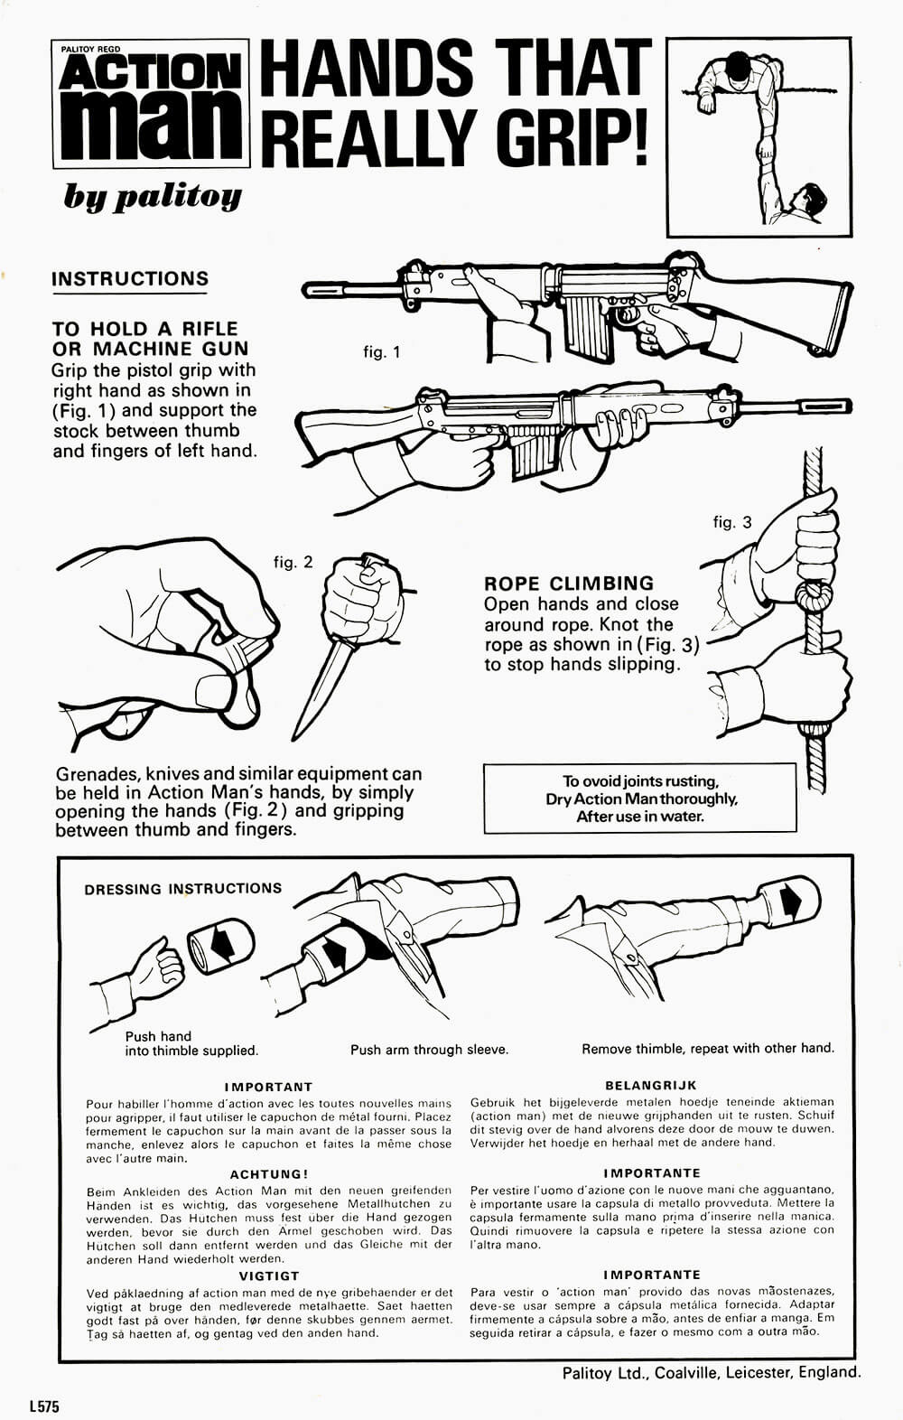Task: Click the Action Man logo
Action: (x=151, y=105)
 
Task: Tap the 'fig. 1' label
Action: (x=381, y=352)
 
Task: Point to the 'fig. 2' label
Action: (x=293, y=562)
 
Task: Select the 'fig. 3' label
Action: (x=731, y=522)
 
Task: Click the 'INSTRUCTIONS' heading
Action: (x=130, y=279)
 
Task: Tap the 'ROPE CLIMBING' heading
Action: (x=568, y=583)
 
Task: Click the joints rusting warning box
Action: (x=640, y=799)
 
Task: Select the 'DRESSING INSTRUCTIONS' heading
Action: (x=183, y=889)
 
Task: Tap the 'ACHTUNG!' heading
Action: (x=269, y=1174)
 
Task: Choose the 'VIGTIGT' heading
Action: (x=269, y=1276)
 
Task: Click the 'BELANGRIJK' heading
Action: (x=651, y=1086)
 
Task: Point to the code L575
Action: (x=43, y=1406)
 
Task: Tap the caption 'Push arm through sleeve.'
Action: (x=429, y=1050)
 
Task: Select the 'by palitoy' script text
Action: (x=152, y=195)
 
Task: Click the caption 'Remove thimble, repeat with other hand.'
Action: (x=708, y=1049)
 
